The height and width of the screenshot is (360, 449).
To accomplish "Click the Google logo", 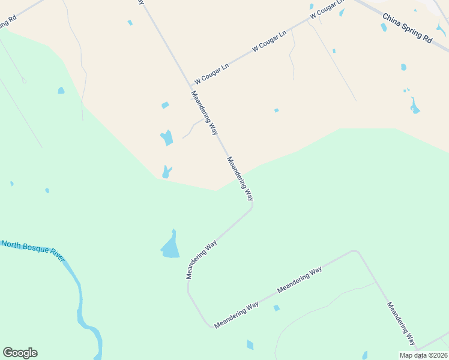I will coord(20,353).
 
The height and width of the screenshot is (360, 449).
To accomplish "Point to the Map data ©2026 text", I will coord(424,355).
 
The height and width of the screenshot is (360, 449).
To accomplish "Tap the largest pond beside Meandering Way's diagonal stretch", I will coord(170,247).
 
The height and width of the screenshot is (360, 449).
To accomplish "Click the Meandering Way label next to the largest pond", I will coord(202,260).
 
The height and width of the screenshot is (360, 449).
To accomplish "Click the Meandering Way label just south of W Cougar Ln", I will coord(203,112).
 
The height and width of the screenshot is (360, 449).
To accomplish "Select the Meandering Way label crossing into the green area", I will coord(240,178).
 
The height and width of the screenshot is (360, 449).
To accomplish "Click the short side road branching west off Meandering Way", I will coord(192,127).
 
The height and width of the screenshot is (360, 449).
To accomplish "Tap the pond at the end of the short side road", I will coord(167,138).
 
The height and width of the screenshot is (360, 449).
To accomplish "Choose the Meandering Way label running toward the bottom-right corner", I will coord(401,323).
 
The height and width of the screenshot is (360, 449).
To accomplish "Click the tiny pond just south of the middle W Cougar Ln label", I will coord(276,110).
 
